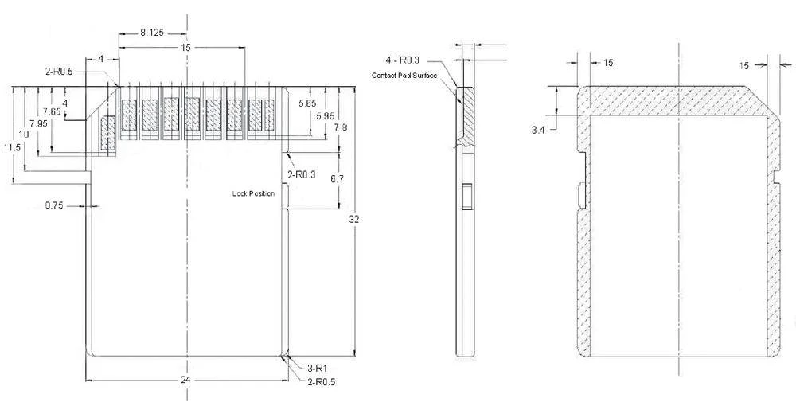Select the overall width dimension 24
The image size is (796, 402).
(185, 380)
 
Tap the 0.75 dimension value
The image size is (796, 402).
(53, 205)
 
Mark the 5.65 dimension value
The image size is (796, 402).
(306, 103)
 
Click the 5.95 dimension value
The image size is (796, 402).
(325, 116)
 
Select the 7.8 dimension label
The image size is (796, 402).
(340, 127)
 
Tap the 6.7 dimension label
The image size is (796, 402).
(337, 179)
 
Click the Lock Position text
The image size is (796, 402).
(253, 193)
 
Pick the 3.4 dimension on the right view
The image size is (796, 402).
(538, 128)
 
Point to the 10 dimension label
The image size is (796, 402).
(24, 135)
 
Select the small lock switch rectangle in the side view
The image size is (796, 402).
(467, 196)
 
